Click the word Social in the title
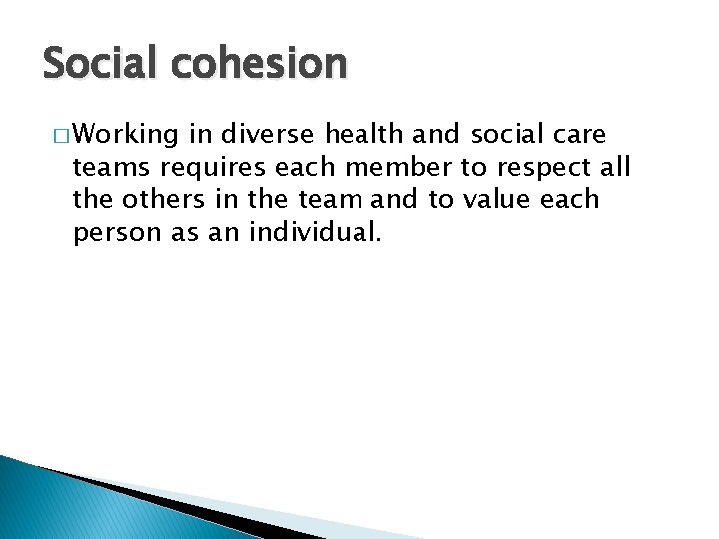(95, 64)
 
